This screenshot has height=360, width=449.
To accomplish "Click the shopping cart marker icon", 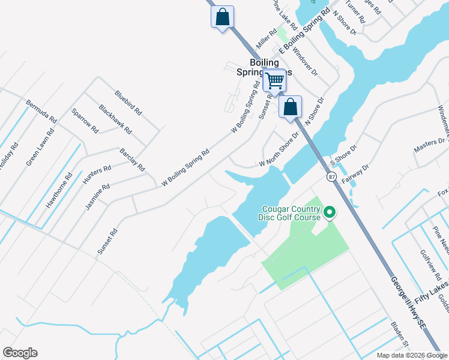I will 274,80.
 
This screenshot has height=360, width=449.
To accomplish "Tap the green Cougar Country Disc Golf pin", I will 329,212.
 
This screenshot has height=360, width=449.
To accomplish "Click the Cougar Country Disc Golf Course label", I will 291,213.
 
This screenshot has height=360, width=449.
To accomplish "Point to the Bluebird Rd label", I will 128,103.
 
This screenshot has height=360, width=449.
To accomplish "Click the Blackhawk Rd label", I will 115,119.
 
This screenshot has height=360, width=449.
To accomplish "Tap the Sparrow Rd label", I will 85,121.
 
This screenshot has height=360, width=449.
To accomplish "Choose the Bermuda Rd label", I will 41,112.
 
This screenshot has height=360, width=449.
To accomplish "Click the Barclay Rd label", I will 132,160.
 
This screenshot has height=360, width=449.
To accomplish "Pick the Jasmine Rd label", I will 97,196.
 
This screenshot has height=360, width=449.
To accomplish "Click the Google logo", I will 20,353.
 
